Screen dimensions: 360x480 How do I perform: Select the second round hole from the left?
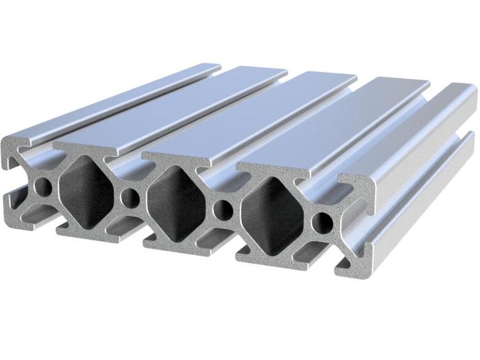pyautogui.click(x=130, y=197)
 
